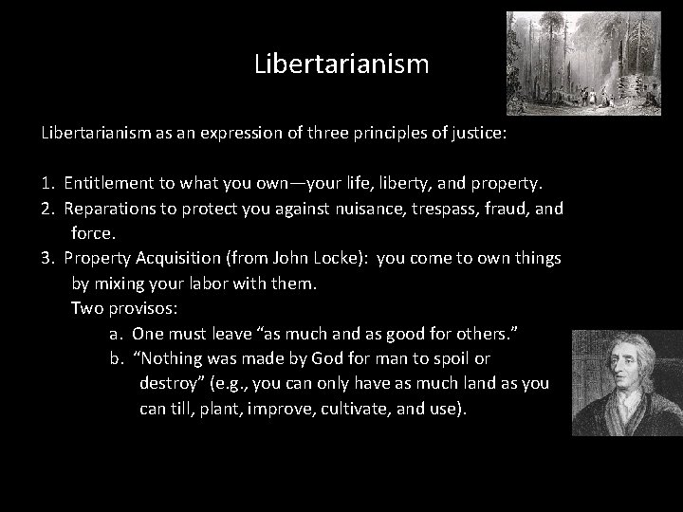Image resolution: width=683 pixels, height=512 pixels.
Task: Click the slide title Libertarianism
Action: tap(341, 65)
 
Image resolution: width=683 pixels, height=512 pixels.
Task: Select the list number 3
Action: tap(46, 259)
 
